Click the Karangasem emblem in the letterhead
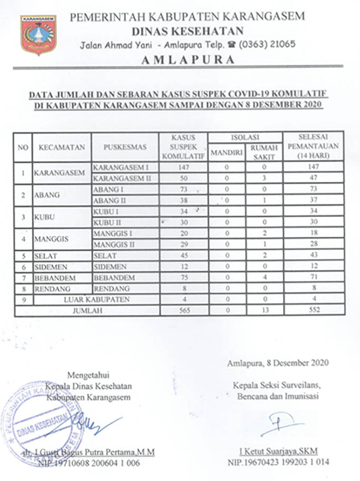point(38,35)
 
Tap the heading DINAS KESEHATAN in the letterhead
point(187,31)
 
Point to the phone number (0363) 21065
point(267,44)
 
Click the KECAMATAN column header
point(61,148)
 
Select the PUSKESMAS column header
point(125,148)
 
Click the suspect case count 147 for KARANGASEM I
point(183,167)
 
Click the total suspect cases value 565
point(183,310)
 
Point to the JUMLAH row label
point(87,310)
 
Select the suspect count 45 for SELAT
point(183,256)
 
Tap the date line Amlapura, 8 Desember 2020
point(278,362)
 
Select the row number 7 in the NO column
point(23,278)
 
